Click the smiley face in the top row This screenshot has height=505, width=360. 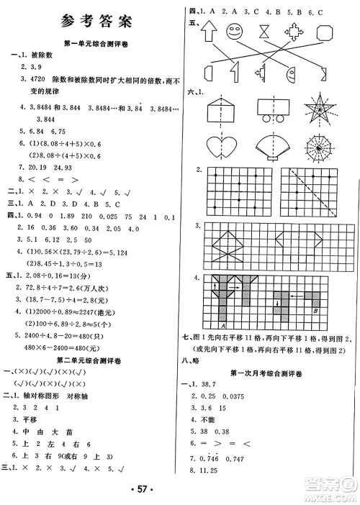(235, 32)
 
